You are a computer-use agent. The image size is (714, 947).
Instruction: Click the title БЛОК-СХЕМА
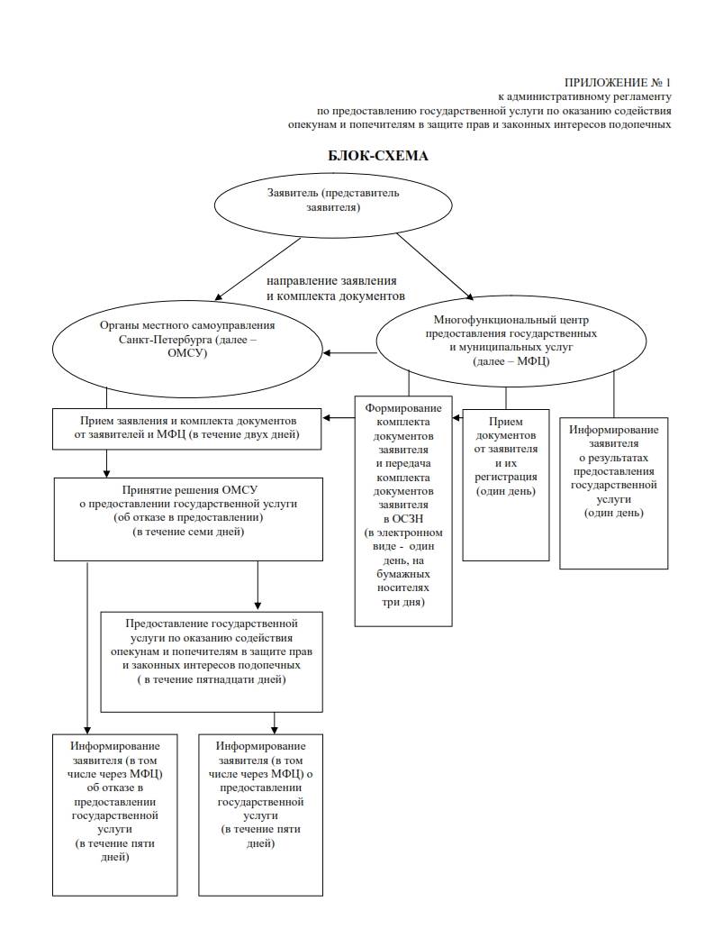pos(378,156)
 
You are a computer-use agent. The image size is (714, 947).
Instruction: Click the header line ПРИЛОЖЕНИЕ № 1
pos(618,83)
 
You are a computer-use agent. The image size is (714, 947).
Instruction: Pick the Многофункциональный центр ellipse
pos(511,341)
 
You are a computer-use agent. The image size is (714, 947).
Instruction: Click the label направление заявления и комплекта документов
pos(336,288)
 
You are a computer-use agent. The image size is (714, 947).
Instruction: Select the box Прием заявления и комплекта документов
pos(186,429)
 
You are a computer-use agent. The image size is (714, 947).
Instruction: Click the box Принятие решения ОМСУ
pos(188,519)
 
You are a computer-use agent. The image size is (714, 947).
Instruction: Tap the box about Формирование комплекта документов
pos(403,511)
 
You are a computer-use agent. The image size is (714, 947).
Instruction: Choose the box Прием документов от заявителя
pos(506,485)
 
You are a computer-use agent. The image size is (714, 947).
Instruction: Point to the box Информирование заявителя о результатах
pos(614,493)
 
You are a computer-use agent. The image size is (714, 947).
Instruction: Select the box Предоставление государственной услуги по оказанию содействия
pos(212,662)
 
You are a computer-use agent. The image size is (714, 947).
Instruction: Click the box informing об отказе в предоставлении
pos(114,815)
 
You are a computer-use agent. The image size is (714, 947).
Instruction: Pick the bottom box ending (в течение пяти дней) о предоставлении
pos(261,815)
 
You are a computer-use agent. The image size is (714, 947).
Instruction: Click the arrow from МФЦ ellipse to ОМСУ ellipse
pos(349,353)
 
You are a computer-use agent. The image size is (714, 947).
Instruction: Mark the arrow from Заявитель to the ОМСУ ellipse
pos(258,269)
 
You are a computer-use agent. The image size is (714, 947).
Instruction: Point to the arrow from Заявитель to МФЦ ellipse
pos(435,266)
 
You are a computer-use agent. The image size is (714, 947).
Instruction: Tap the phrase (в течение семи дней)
pos(188,533)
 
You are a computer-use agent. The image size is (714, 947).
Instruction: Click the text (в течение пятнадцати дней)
pos(212,679)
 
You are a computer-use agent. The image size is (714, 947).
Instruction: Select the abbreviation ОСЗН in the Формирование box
pos(403,518)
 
